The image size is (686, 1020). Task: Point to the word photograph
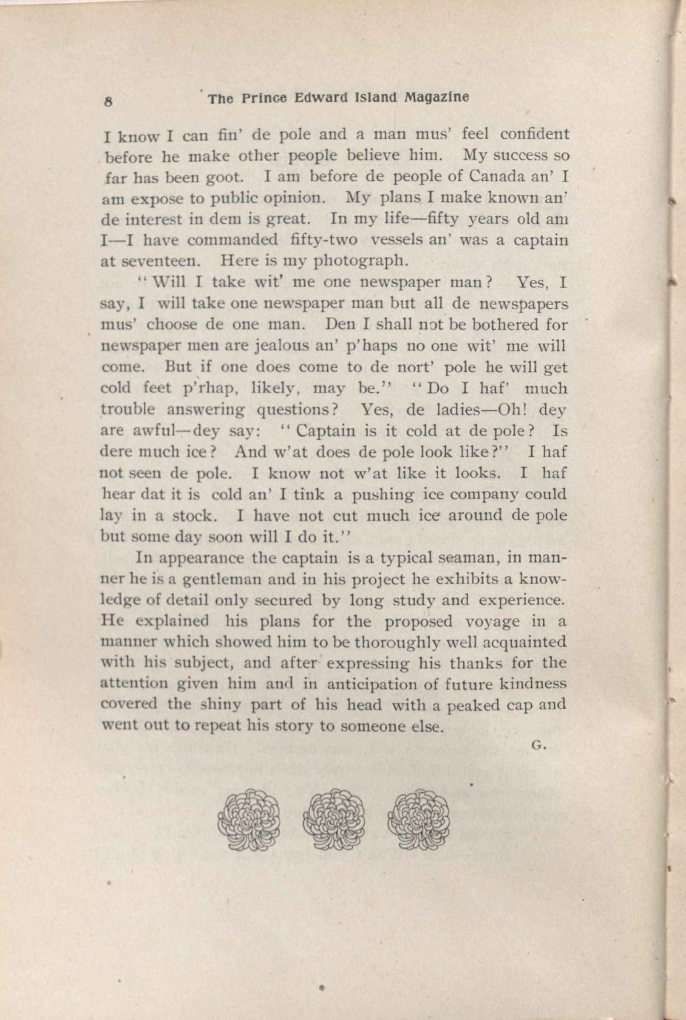[361, 261]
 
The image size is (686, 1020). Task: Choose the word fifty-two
[323, 240]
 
